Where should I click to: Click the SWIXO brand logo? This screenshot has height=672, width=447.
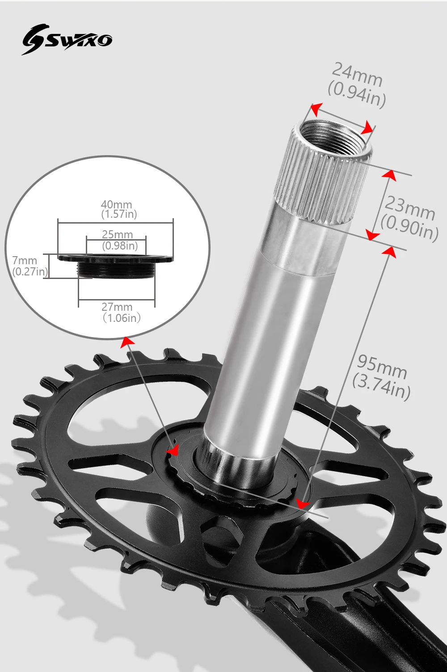[67, 40]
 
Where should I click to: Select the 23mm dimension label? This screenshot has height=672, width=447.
[410, 207]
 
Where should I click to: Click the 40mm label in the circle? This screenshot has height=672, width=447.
[116, 205]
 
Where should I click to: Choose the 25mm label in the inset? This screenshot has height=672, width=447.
[117, 235]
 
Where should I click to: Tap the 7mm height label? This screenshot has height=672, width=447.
[25, 260]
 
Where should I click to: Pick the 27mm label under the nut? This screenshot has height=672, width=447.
[117, 307]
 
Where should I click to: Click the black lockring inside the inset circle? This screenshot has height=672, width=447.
[116, 266]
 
